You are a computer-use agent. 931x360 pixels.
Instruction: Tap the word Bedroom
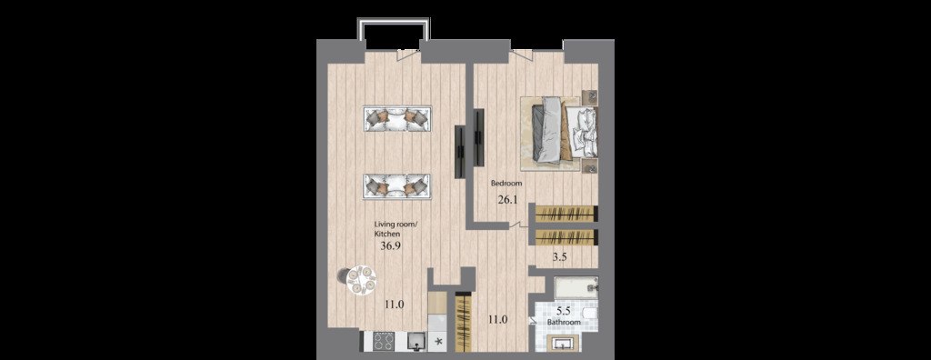pyautogui.click(x=506, y=184)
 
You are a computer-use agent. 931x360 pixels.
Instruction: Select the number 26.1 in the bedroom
pyautogui.click(x=507, y=200)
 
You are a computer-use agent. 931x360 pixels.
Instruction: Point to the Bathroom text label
pyautogui.click(x=564, y=322)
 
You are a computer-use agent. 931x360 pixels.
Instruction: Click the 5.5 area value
pyautogui.click(x=564, y=309)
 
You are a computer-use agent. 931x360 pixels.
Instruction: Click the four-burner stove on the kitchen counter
pyautogui.click(x=383, y=341)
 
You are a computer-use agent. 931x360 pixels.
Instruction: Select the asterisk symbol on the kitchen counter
pyautogui.click(x=439, y=342)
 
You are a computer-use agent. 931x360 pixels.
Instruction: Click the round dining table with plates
pyautogui.click(x=360, y=279)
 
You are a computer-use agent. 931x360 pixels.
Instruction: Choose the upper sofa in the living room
pyautogui.click(x=396, y=118)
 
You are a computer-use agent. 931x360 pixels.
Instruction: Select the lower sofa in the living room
pyautogui.click(x=396, y=186)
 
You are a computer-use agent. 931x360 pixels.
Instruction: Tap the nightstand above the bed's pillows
pyautogui.click(x=590, y=98)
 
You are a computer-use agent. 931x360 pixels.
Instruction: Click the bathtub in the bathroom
pyautogui.click(x=576, y=288)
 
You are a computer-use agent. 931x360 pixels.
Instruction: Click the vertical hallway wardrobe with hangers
pyautogui.click(x=463, y=323)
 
